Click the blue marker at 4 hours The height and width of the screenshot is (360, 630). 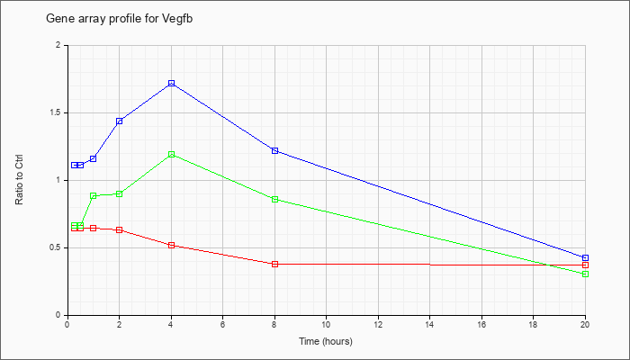click(172, 83)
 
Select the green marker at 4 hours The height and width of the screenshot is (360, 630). click(172, 154)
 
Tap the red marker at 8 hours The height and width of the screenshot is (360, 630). click(274, 264)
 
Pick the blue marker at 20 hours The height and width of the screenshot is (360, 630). click(585, 257)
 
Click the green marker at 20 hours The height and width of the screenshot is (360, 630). click(585, 274)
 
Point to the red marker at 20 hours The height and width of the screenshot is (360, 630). click(585, 265)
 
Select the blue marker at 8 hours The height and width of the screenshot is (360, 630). click(274, 150)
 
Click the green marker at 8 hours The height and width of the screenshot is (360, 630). click(274, 199)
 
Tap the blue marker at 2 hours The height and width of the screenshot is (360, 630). click(120, 121)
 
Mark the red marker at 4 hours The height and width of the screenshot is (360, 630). click(172, 245)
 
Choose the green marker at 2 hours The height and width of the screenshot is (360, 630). click(120, 194)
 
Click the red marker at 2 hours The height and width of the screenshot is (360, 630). click(120, 229)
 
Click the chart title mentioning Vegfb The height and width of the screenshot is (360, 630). click(120, 19)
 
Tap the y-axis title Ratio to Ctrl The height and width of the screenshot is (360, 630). click(19, 179)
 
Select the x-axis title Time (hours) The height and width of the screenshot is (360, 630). click(326, 341)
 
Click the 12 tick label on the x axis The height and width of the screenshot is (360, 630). click(378, 324)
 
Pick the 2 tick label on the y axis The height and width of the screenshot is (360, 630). click(58, 45)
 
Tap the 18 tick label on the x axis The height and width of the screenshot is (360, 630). click(533, 324)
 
